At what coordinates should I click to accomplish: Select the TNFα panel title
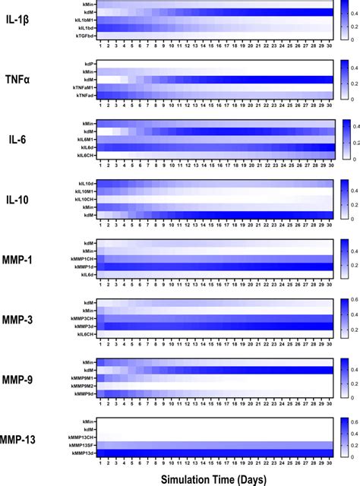[x=24, y=78]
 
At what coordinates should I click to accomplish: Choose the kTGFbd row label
[x=84, y=34]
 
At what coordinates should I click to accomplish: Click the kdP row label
[x=89, y=64]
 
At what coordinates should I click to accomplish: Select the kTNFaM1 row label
[x=83, y=87]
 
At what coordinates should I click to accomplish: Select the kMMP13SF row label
[x=81, y=446]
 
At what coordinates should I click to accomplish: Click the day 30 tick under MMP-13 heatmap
[x=329, y=462]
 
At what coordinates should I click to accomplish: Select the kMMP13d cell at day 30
[x=329, y=453]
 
